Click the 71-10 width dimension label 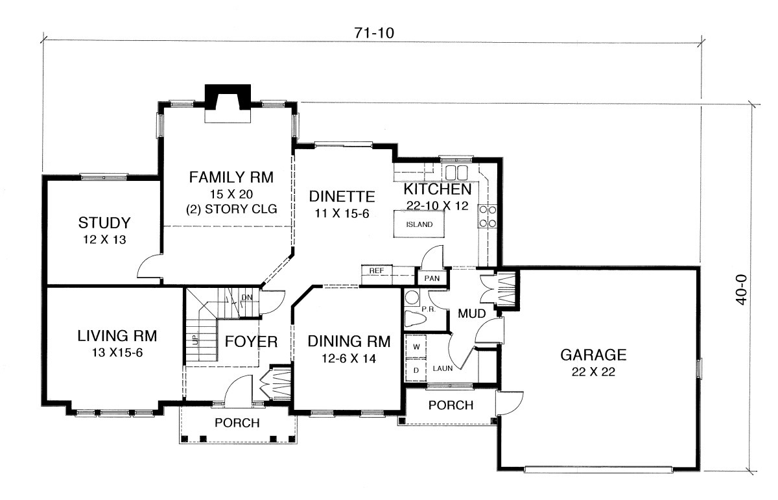[x=374, y=33]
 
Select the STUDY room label [x=104, y=222]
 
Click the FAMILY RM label [x=231, y=177]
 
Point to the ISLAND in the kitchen [x=419, y=224]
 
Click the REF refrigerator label [x=377, y=270]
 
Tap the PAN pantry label [x=432, y=278]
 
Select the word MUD [x=471, y=313]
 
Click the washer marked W [x=416, y=346]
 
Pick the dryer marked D [x=416, y=370]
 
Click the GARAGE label [x=593, y=355]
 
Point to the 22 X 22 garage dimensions [x=593, y=372]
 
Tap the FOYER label [x=251, y=342]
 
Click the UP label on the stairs [x=196, y=339]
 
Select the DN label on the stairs [x=247, y=297]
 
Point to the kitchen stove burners [x=488, y=216]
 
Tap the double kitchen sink [x=456, y=173]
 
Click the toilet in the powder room [x=416, y=318]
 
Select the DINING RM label [x=349, y=342]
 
